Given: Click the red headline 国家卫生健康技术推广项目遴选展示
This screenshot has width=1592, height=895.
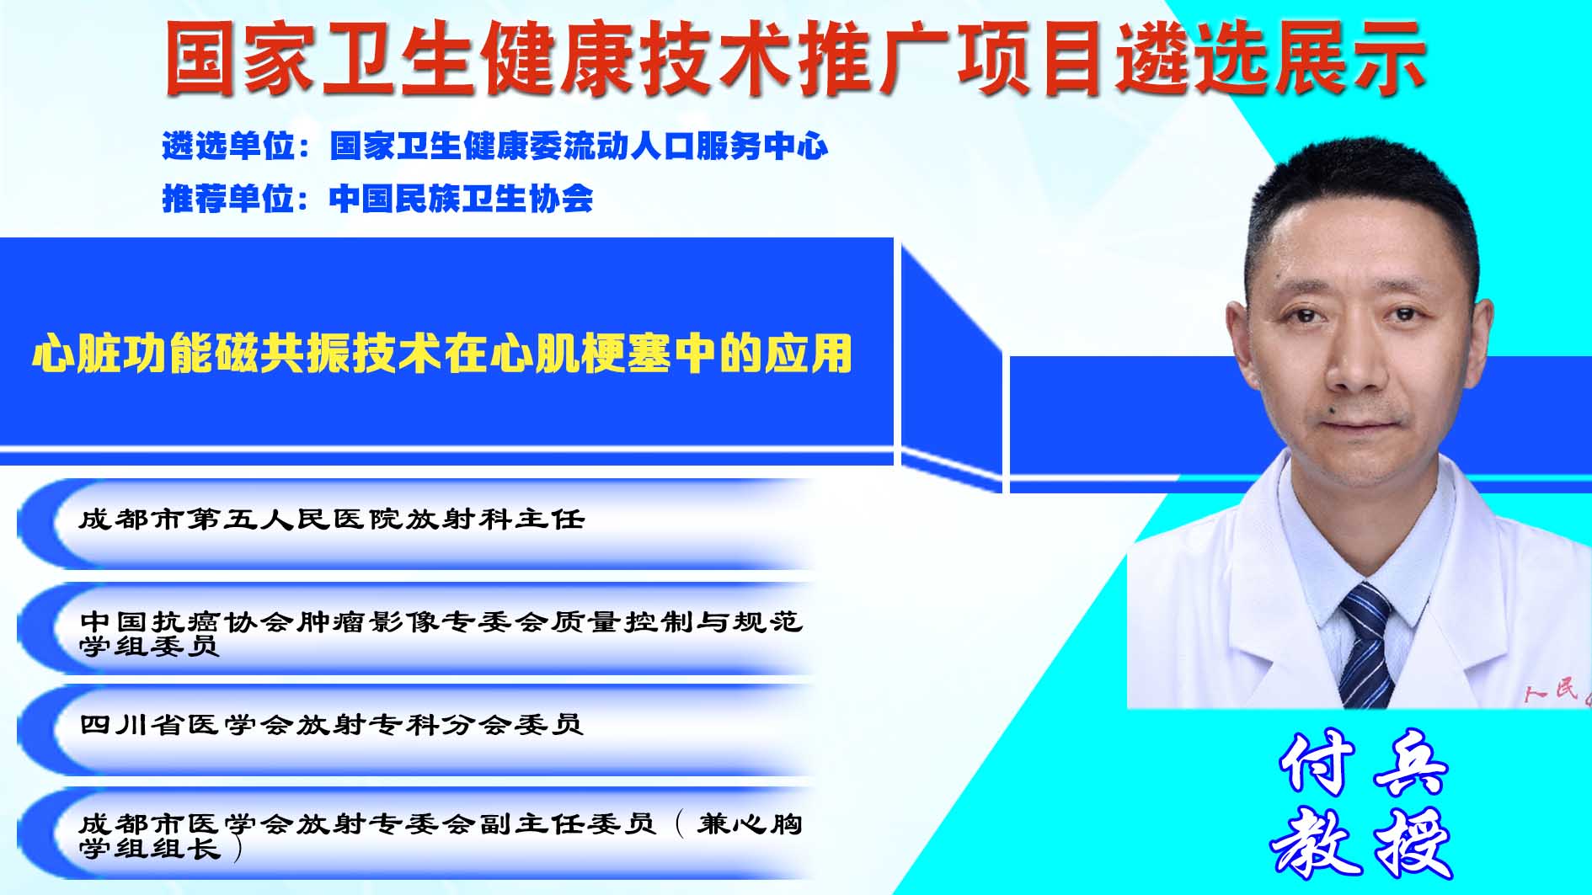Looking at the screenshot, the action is point(795,57).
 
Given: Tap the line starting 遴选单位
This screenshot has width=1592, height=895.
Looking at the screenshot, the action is point(495,147).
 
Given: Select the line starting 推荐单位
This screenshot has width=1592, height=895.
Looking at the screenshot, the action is point(377,199).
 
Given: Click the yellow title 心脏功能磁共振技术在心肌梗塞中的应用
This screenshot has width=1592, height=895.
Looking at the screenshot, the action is point(442,354).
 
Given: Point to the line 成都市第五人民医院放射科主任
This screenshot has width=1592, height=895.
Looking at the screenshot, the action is point(332,519).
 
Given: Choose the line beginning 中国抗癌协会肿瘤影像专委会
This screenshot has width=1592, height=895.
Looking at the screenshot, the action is point(441,633).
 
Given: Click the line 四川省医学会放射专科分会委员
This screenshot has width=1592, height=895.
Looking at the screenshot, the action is point(331,724).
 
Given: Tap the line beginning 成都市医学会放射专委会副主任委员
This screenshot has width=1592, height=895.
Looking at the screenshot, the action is point(441,835).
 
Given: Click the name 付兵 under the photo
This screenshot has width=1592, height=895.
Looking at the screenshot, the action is point(1364,763).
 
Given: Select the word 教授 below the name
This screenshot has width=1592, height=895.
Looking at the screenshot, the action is point(1362,842).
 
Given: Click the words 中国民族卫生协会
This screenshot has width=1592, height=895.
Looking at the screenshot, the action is point(462,199).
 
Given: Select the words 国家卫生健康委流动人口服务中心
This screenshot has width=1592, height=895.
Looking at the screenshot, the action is point(580,147).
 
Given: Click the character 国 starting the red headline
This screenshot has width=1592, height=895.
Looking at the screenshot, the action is point(200,57).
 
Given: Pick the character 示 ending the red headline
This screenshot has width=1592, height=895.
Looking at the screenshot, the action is point(1389,57).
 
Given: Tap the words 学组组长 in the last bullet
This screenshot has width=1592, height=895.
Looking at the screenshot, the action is point(150,849).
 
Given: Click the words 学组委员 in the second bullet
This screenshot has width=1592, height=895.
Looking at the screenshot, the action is point(149,646).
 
